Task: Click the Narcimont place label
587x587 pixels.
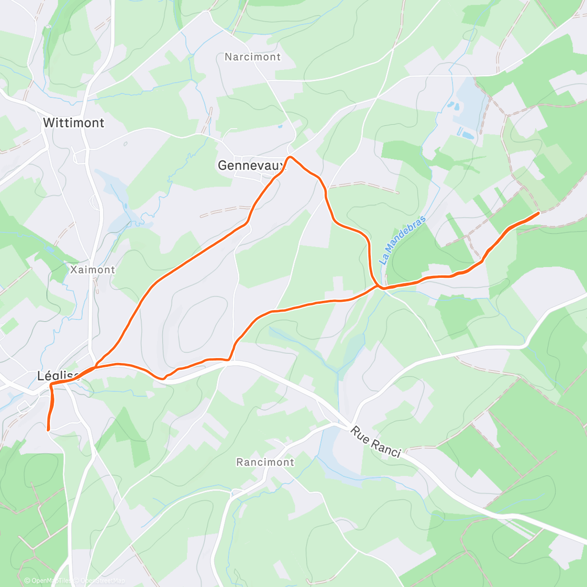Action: tap(252, 57)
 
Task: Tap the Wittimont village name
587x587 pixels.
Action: tap(74, 123)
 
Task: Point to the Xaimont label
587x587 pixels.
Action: tap(92, 270)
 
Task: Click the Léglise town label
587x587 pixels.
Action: tap(58, 376)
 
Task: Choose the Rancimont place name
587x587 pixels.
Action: tap(265, 462)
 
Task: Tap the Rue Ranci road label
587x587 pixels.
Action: tap(376, 442)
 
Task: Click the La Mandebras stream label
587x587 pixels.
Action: tap(403, 240)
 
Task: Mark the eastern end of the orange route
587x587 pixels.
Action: tap(539, 213)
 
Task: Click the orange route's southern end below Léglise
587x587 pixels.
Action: tap(48, 429)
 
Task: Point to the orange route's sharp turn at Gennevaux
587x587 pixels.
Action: tap(290, 157)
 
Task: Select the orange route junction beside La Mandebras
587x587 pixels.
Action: tap(380, 287)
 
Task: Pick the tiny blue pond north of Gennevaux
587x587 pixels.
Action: tap(280, 126)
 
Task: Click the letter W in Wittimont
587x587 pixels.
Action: tap(48, 123)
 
